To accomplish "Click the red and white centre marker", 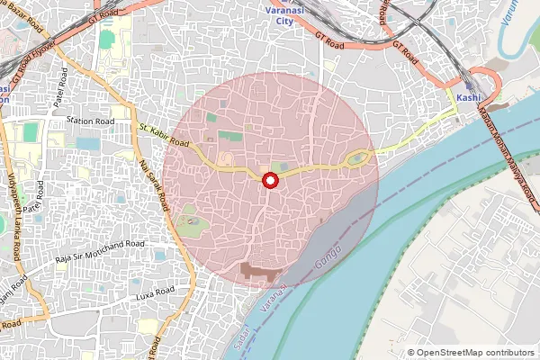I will click(x=269, y=182).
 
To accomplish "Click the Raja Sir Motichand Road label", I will click(x=99, y=250).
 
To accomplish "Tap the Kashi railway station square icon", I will click(x=469, y=85).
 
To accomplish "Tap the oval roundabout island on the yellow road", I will click(x=358, y=160).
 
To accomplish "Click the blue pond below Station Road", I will click(x=88, y=143).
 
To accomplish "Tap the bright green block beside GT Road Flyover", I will click(x=107, y=40).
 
